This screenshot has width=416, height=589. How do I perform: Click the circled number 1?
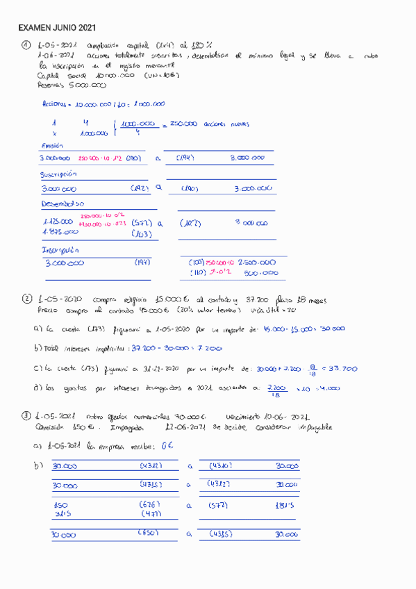26,45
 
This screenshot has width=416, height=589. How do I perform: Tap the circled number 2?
26,299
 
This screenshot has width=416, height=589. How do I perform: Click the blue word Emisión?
52,146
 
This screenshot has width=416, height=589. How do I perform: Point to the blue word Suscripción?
58,175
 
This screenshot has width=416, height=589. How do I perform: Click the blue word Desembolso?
63,204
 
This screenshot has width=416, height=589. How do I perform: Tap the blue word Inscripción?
60,249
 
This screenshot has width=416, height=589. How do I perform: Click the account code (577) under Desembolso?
142,223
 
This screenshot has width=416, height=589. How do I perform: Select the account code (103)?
142,234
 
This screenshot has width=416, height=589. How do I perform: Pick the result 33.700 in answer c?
342,369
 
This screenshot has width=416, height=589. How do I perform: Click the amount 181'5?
285,505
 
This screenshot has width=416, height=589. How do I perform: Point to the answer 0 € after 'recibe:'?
166,447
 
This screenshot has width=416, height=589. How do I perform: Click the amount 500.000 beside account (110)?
261,273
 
